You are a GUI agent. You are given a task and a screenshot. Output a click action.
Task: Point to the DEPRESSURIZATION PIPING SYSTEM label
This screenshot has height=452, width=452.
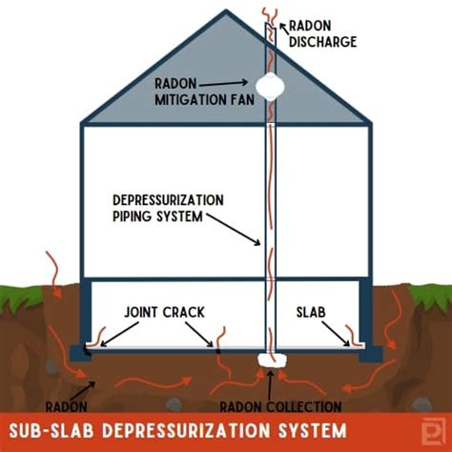[166, 207]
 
